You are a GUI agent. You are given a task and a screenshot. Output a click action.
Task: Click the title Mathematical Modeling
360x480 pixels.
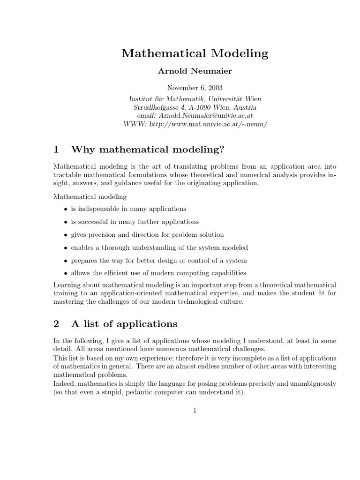[x=195, y=53]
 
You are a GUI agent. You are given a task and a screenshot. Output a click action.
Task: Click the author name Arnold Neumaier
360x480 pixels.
[x=195, y=72]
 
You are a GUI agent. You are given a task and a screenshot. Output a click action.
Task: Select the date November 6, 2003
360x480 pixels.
[x=195, y=88]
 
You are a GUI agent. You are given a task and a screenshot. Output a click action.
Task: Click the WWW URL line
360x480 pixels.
[x=195, y=124]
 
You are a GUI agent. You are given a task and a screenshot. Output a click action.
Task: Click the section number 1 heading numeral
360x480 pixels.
[x=56, y=150]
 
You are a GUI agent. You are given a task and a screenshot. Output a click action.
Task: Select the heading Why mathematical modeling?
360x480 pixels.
[x=148, y=150]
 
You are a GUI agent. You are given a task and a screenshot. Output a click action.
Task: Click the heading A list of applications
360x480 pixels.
[x=124, y=324]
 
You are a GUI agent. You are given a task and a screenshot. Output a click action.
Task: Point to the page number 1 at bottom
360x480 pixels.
[x=195, y=412]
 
